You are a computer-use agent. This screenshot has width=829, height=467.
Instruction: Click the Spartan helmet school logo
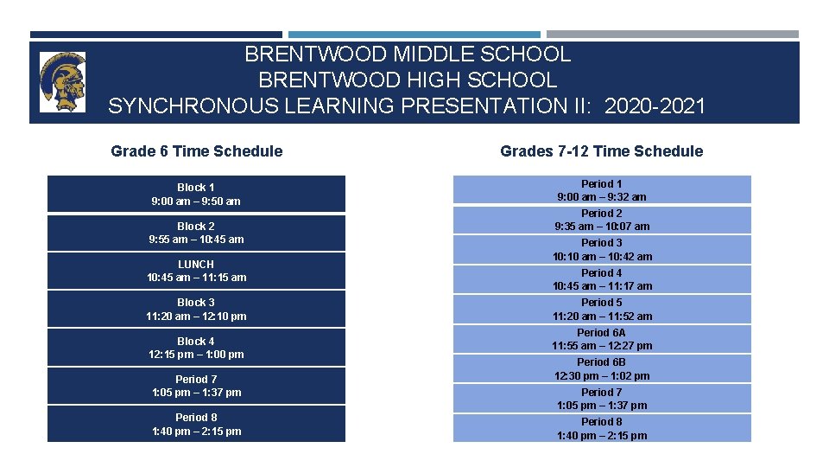coord(63,81)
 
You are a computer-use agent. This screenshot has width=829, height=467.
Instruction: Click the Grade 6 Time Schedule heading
coord(196,151)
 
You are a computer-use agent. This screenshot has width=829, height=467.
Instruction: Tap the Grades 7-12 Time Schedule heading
coord(601,151)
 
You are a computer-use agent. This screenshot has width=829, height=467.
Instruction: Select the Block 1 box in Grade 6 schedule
coord(196,194)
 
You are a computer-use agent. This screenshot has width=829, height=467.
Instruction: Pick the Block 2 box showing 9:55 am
coord(196,233)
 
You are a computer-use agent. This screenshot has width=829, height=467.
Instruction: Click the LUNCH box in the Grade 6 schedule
coord(196,271)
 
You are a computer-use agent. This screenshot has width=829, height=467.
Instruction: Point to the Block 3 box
coord(196,310)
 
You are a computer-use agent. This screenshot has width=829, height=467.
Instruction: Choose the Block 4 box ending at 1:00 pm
coord(196,348)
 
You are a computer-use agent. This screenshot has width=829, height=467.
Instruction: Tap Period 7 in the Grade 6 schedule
coord(196,386)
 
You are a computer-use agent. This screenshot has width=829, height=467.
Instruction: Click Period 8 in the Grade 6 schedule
coord(196,424)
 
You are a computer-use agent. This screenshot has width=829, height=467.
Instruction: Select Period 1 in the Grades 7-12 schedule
coord(602,190)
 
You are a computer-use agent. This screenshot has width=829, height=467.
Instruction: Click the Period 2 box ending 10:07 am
coord(602,220)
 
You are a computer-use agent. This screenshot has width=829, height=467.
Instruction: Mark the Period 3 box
coord(602,250)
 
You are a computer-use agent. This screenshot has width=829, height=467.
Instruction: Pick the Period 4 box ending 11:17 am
coord(602,279)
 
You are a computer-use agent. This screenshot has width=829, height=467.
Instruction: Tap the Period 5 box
coord(602,310)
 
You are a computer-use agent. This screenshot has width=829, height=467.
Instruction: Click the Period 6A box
coord(602,339)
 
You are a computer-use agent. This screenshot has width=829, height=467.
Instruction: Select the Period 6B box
coord(602,369)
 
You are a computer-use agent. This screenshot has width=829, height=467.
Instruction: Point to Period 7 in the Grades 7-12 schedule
coord(602,399)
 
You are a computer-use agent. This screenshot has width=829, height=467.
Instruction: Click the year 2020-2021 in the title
coord(655,106)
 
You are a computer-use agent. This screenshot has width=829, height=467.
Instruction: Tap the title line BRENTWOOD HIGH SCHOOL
coord(408,80)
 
